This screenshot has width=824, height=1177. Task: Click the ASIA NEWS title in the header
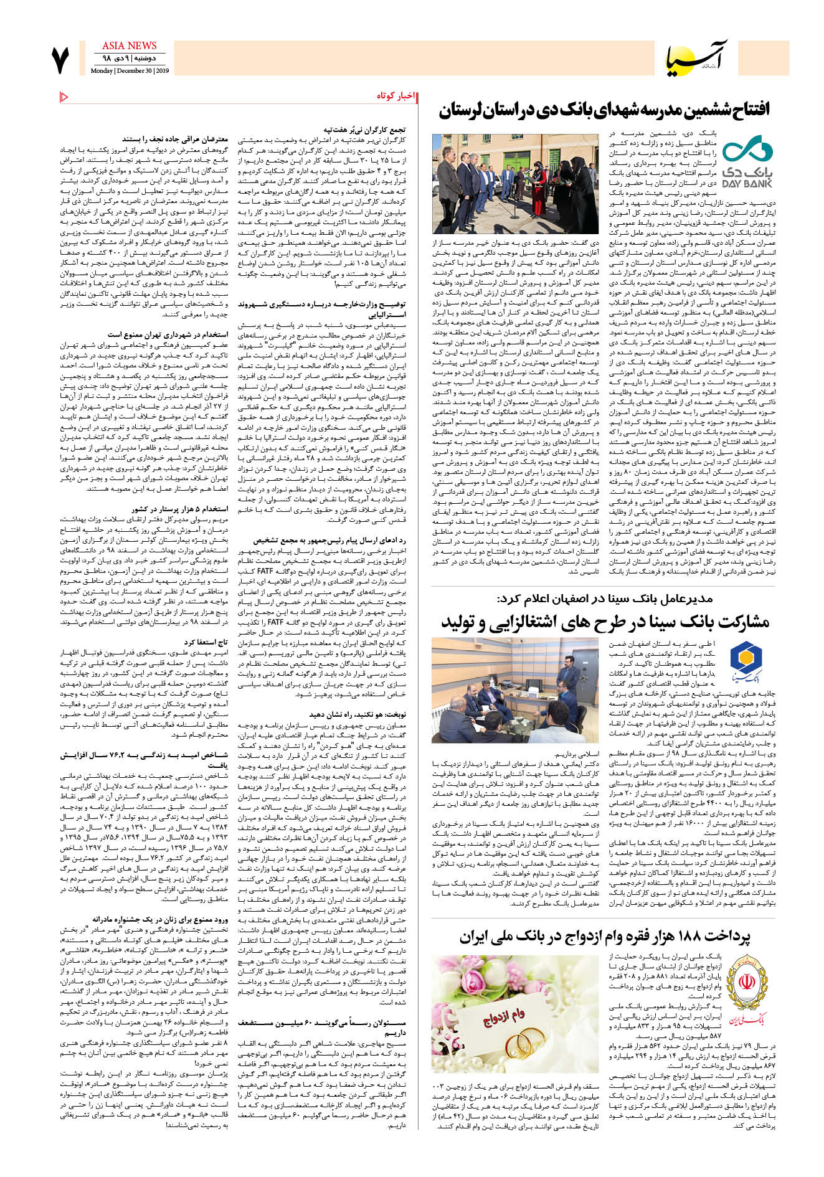click(x=129, y=45)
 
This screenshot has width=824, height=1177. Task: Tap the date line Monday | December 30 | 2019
click(x=130, y=71)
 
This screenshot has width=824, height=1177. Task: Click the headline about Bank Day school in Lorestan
click(x=604, y=110)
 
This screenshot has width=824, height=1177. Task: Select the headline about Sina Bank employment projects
click(x=605, y=622)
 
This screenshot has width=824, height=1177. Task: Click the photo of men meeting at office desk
click(x=506, y=689)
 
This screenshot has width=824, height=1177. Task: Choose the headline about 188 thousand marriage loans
click(x=605, y=936)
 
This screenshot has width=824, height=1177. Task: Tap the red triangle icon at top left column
click(x=64, y=97)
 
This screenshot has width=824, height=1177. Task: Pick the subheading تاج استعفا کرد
click(x=206, y=641)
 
